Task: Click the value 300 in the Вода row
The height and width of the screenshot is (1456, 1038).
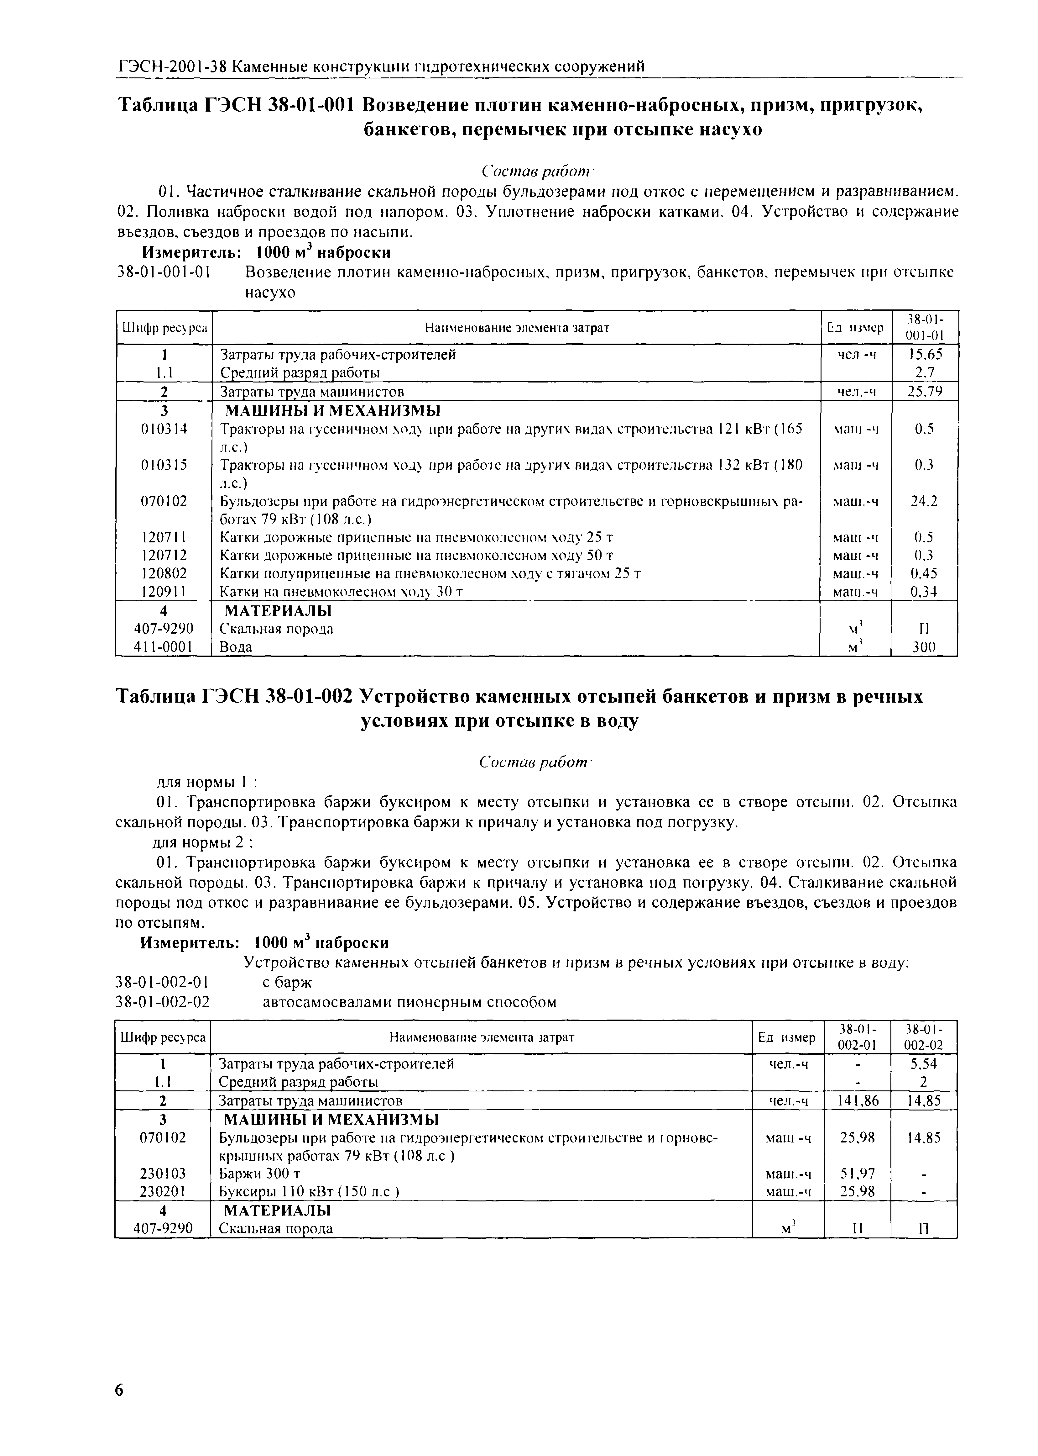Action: tap(924, 647)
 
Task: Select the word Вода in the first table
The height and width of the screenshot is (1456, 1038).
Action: tap(236, 647)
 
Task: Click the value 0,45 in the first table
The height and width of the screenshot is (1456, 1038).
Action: tap(924, 573)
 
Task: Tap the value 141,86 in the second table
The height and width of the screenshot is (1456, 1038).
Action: tap(858, 1100)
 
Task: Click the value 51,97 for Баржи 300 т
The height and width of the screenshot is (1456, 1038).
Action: tap(858, 1174)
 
